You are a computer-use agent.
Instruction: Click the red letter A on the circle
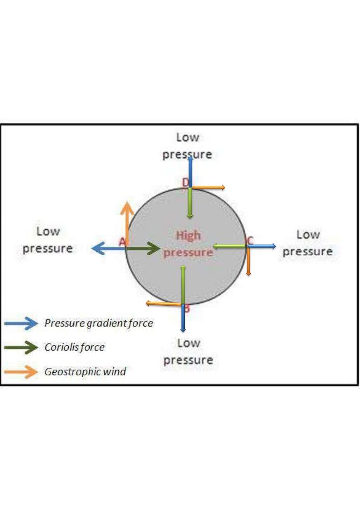[122, 242]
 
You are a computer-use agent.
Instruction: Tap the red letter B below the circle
[186, 308]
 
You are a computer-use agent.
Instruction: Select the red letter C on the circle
[250, 240]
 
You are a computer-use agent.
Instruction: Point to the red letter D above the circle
[185, 183]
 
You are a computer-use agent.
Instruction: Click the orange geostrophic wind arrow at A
[127, 223]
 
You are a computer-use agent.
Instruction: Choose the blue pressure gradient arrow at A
[109, 249]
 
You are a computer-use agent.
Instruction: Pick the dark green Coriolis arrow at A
[143, 249]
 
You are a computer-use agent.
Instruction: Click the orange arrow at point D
[208, 187]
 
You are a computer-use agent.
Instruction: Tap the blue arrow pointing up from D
[190, 172]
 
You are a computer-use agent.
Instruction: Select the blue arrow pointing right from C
[262, 246]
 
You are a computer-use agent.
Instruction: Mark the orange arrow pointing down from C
[248, 261]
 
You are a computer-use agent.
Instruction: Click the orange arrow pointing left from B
[164, 304]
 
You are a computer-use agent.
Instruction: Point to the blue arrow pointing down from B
[183, 318]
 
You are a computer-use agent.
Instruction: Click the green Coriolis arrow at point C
[229, 246]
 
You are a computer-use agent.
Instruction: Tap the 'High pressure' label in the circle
[188, 244]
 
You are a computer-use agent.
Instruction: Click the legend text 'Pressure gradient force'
[98, 323]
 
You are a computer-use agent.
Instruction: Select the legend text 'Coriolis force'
[75, 347]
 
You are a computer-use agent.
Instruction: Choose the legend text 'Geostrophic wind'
[85, 371]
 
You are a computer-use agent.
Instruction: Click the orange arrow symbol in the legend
[21, 372]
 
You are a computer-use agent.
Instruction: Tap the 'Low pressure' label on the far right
[308, 243]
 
